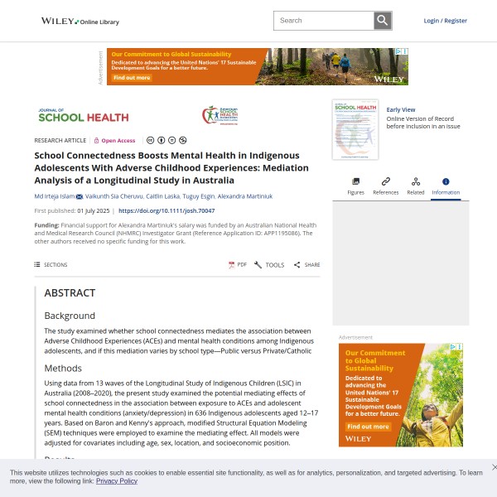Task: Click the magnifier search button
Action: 382,21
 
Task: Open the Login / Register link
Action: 445,21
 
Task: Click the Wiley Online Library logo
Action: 80,21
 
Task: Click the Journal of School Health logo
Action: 83,116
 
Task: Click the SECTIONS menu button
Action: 51,265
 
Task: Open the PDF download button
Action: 238,265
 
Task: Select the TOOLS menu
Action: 269,265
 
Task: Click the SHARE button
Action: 307,265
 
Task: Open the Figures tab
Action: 355,186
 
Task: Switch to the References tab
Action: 385,186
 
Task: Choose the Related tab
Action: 416,186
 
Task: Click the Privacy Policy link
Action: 117,481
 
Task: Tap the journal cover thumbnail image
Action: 355,129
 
